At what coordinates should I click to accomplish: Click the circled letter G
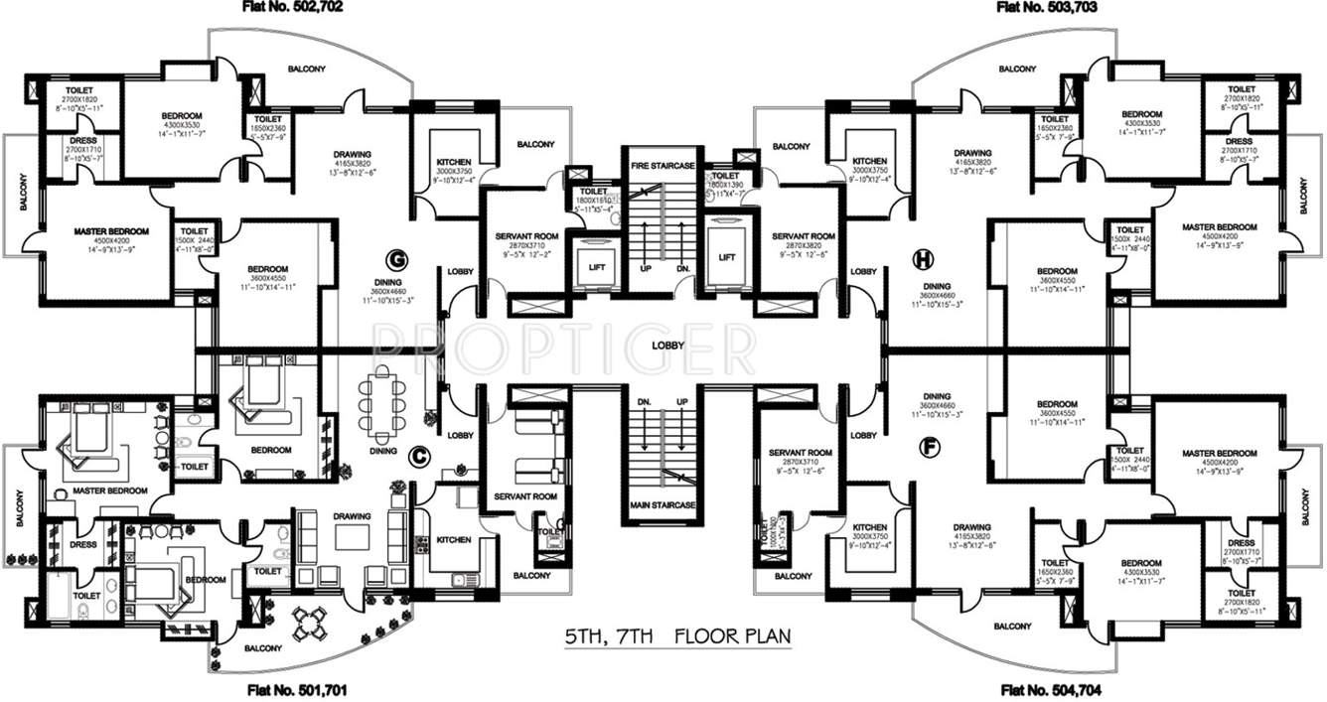pos(398,260)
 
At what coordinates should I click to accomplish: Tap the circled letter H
pos(922,260)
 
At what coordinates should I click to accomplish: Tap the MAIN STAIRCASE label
pos(661,505)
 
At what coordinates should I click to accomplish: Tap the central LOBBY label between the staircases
pos(666,346)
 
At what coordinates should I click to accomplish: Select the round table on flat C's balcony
pos(308,624)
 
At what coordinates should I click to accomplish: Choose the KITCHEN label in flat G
pos(453,162)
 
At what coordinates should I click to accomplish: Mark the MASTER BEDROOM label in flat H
pos(1220,227)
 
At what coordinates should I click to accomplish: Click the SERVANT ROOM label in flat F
pos(800,452)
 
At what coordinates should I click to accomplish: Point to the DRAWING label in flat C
pos(352,516)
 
